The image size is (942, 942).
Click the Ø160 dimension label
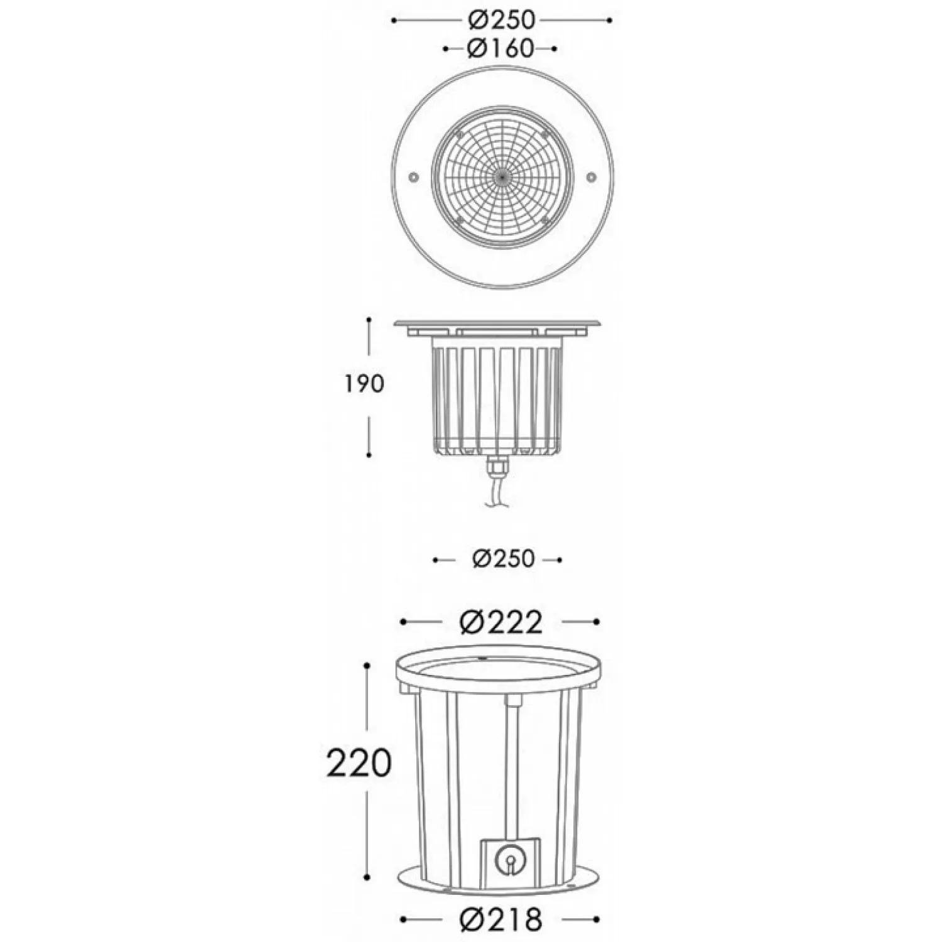tap(500, 48)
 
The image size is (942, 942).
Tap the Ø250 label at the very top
tap(501, 20)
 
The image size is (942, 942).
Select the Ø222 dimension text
tap(501, 622)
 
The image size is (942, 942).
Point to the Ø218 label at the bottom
tap(501, 919)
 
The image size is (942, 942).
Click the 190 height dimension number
tap(363, 383)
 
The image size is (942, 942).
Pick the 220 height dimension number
tap(359, 763)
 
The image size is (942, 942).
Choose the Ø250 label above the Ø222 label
tap(503, 559)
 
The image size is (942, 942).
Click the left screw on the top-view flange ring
tap(413, 178)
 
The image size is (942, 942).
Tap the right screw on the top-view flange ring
tap(590, 178)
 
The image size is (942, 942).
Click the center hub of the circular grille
tap(502, 178)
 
